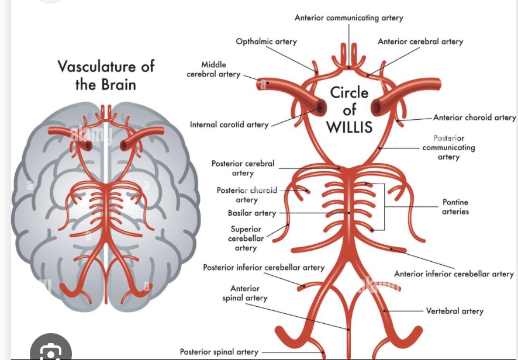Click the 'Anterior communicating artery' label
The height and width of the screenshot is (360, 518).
pyautogui.click(x=348, y=18)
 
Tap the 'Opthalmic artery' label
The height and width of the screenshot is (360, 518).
pyautogui.click(x=266, y=41)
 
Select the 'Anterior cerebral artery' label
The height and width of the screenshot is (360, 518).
pyautogui.click(x=420, y=41)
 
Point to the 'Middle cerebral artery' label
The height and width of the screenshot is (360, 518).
pyautogui.click(x=213, y=70)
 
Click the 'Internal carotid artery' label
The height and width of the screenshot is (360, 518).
pyautogui.click(x=229, y=124)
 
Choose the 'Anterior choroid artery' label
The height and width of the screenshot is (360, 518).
pyautogui.click(x=474, y=117)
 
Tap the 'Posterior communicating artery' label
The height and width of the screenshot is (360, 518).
pyautogui.click(x=448, y=148)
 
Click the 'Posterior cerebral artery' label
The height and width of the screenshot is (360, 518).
pyautogui.click(x=243, y=168)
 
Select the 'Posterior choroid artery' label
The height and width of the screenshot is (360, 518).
pyautogui.click(x=247, y=195)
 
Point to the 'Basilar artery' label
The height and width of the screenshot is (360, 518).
pyautogui.click(x=252, y=213)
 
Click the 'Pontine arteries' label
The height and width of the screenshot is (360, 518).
pyautogui.click(x=455, y=207)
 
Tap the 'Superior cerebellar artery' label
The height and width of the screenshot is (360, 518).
pyautogui.click(x=246, y=238)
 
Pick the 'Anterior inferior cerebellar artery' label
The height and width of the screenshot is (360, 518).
pyautogui.click(x=454, y=274)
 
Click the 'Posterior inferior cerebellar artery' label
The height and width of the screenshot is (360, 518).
pyautogui.click(x=263, y=268)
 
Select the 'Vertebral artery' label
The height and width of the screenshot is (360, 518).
pyautogui.click(x=454, y=311)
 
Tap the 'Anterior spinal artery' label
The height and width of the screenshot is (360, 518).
pyautogui.click(x=245, y=293)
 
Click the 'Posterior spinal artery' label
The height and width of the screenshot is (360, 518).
pyautogui.click(x=219, y=352)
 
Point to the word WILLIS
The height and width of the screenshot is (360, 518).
pyautogui.click(x=349, y=127)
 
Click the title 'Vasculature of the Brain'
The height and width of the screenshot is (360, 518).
pyautogui.click(x=106, y=75)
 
